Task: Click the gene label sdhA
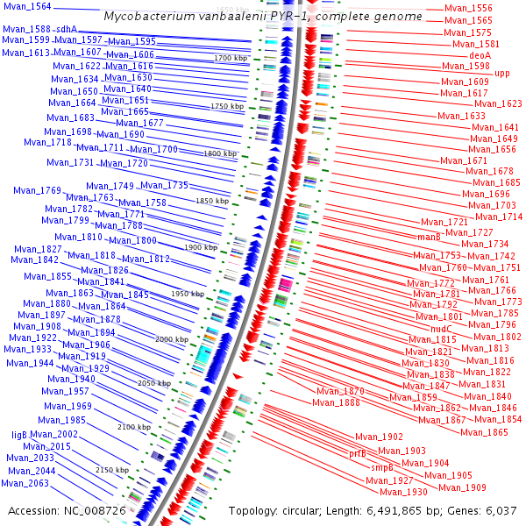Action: point(68,29)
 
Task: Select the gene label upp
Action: point(501,74)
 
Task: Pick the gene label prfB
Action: point(358,454)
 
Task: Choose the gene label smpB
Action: point(382,468)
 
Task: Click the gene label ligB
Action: point(19,434)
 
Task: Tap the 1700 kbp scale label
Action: point(230,58)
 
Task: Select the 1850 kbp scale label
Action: point(211,201)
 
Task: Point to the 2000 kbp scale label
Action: point(171,338)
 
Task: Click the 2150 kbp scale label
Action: point(111,470)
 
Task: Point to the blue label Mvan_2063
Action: point(25,483)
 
